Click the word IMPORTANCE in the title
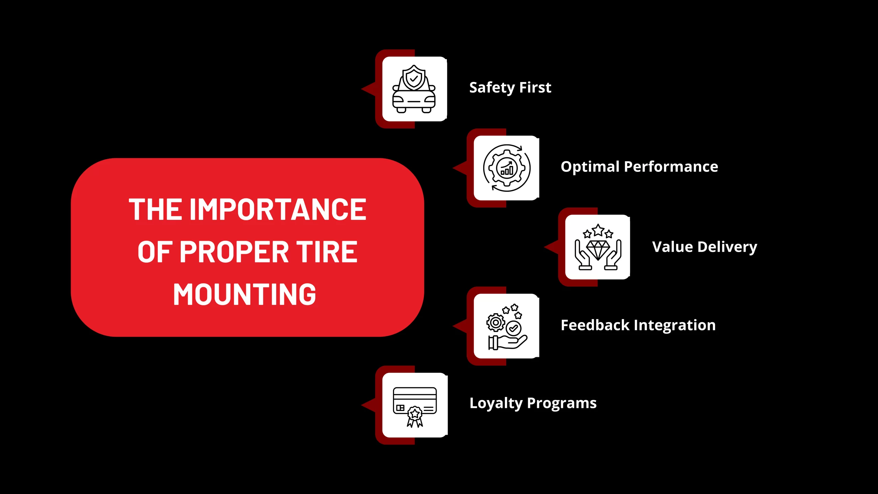point(278,209)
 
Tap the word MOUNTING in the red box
point(245,294)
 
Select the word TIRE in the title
point(327,252)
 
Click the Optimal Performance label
point(639,167)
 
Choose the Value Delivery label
point(704,247)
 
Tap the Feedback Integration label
point(638,325)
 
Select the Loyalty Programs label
point(533,403)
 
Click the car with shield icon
point(414,89)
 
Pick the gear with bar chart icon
point(507,168)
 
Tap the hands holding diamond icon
point(598,247)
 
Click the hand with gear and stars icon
point(507,327)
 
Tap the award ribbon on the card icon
point(415,416)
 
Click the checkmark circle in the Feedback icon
point(513,328)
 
